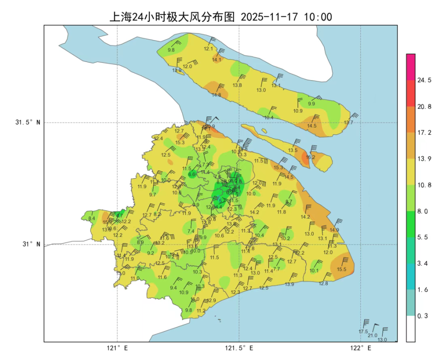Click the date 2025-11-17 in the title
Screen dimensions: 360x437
click(269, 17)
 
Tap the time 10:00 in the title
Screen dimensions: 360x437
click(318, 17)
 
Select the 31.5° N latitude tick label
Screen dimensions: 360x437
click(28, 122)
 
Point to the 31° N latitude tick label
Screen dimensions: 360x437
click(31, 244)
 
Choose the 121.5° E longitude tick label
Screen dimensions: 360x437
click(239, 348)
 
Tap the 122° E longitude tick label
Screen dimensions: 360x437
click(361, 348)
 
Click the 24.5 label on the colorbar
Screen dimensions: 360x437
click(424, 80)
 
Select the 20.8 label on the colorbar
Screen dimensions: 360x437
click(424, 107)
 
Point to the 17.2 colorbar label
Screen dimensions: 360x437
click(424, 133)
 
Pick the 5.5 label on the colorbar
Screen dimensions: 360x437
click(424, 237)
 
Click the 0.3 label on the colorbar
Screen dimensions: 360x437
click(424, 316)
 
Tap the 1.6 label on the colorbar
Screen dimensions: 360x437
click(424, 290)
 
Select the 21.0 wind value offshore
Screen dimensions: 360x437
click(372, 335)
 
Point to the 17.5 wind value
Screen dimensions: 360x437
click(363, 332)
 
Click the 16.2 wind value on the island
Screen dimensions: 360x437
click(310, 157)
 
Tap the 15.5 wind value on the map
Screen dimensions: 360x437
click(341, 269)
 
